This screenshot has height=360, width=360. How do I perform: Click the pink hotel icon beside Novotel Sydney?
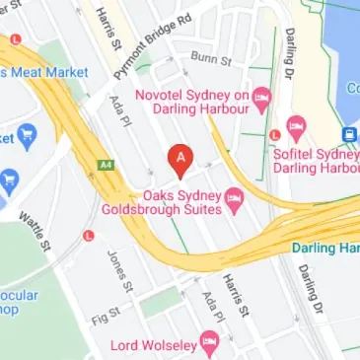tap(261, 97)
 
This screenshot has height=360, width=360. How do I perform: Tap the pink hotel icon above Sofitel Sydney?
tap(296, 127)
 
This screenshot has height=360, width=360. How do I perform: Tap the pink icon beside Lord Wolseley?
tap(209, 342)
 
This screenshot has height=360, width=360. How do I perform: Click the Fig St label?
tap(104, 291)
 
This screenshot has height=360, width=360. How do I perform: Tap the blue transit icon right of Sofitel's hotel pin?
tap(349, 134)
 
